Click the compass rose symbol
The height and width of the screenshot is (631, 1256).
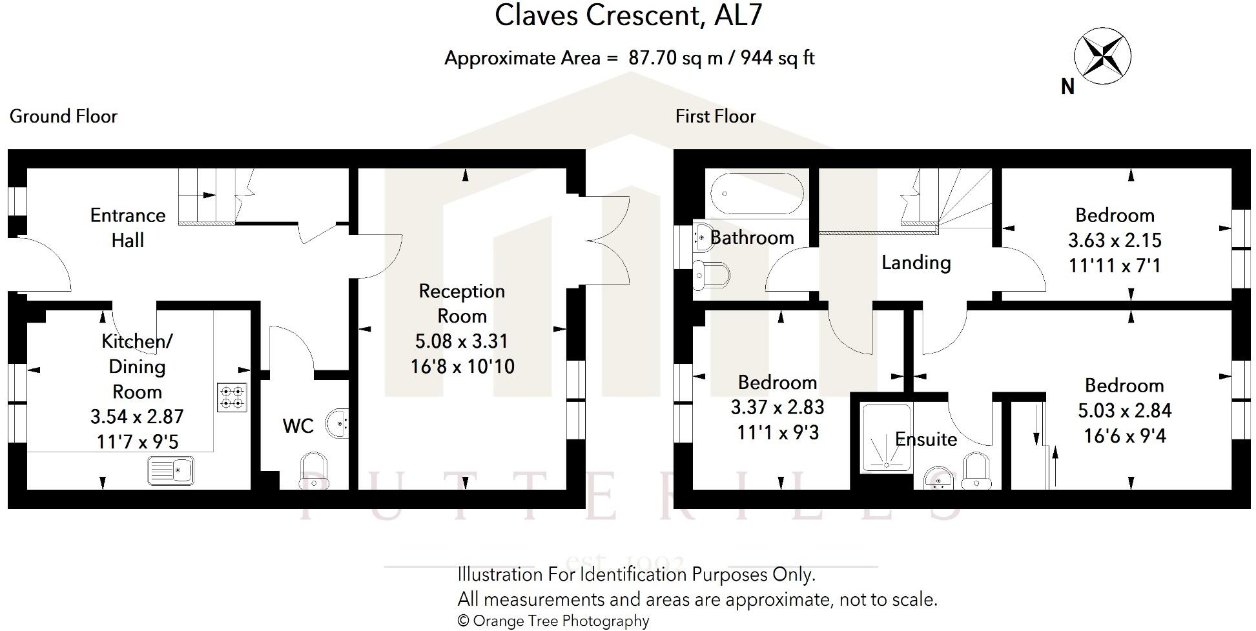tap(1102, 56)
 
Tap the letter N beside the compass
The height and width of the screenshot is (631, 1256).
tap(1067, 86)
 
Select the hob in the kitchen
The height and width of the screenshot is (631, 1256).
tap(232, 397)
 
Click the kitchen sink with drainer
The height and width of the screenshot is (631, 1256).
tap(171, 470)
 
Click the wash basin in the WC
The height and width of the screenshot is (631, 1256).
tap(338, 423)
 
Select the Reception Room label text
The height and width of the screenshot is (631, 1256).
tap(462, 303)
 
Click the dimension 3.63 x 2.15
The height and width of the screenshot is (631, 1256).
tap(1115, 240)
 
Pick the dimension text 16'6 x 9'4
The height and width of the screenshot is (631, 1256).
tap(1124, 436)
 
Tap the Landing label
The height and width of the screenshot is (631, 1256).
tap(916, 263)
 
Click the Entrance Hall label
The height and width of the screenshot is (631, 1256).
tap(128, 227)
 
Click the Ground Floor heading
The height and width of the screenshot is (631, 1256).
tap(63, 116)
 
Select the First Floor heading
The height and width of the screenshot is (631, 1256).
tap(715, 116)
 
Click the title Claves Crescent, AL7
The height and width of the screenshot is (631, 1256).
tap(628, 15)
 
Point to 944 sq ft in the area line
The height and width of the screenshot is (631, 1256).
tap(777, 58)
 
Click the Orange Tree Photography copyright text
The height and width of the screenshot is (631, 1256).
tap(553, 621)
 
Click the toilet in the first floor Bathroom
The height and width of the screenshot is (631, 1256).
tap(710, 275)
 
